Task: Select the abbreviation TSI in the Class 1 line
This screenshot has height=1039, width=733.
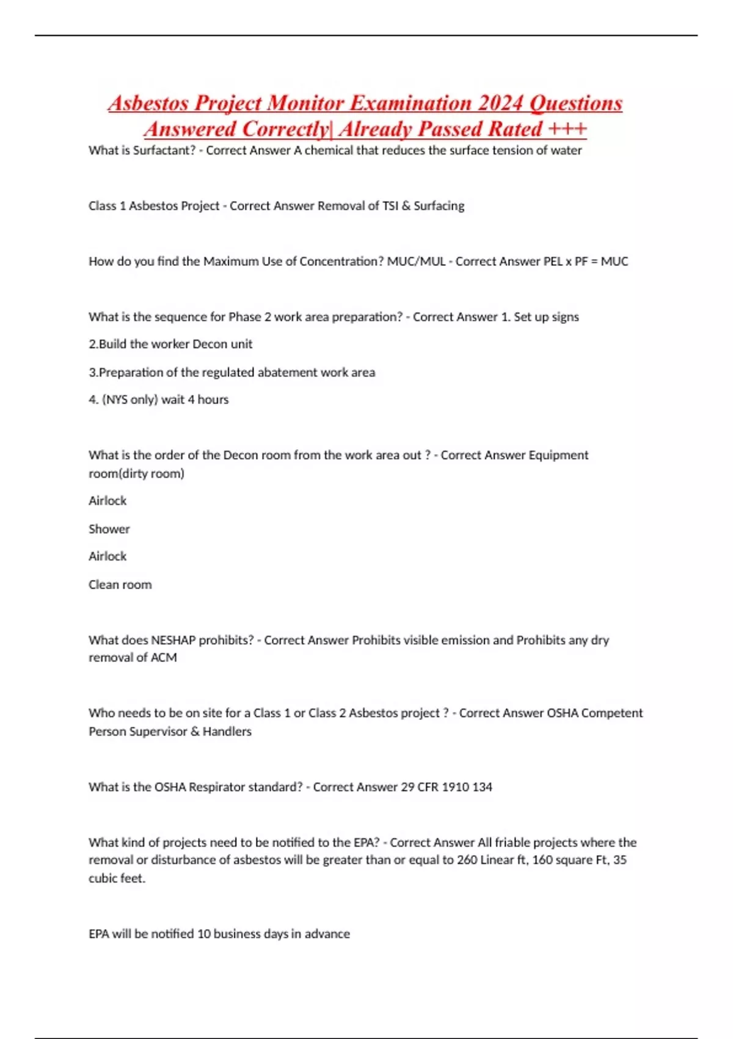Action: click(390, 206)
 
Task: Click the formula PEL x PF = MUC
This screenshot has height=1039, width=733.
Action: click(585, 262)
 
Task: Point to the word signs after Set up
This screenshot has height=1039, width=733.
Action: click(565, 317)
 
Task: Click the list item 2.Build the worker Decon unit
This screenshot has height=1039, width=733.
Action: click(170, 344)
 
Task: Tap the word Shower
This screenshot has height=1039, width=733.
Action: click(109, 529)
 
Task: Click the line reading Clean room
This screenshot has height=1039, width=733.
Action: click(120, 585)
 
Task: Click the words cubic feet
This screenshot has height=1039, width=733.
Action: click(116, 879)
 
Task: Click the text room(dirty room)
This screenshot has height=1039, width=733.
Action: click(136, 474)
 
